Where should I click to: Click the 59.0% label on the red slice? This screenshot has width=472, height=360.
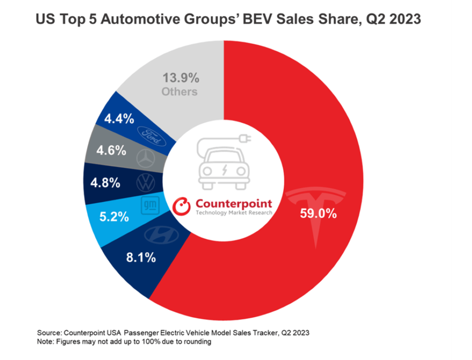click(318, 213)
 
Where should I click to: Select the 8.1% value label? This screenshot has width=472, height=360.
click(142, 257)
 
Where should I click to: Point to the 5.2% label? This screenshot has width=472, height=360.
click(115, 217)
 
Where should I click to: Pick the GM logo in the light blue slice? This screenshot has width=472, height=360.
click(150, 205)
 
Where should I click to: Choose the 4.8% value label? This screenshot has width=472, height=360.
click(106, 182)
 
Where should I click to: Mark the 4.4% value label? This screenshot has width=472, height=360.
click(119, 118)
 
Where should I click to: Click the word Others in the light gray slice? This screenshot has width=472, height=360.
click(179, 91)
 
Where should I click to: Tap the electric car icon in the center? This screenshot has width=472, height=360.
click(224, 161)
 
